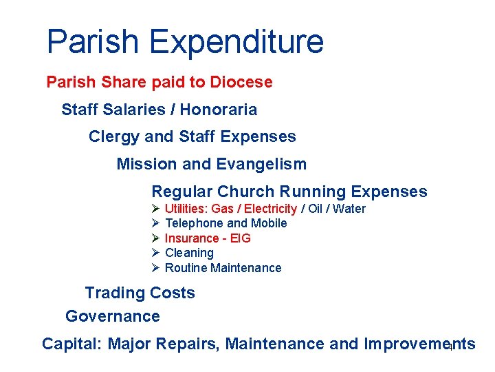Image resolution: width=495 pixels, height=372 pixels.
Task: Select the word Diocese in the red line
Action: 241,82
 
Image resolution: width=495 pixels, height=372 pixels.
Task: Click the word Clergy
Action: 114,136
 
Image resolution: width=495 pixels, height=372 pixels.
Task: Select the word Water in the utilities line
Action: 349,209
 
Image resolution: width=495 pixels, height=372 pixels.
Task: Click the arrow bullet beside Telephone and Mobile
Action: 156,223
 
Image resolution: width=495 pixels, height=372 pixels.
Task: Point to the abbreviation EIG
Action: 242,238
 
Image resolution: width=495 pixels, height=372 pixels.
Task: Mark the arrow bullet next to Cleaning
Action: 156,253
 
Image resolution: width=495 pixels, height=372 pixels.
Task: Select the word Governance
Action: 112,316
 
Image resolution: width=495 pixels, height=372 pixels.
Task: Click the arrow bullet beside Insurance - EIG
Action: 156,238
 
